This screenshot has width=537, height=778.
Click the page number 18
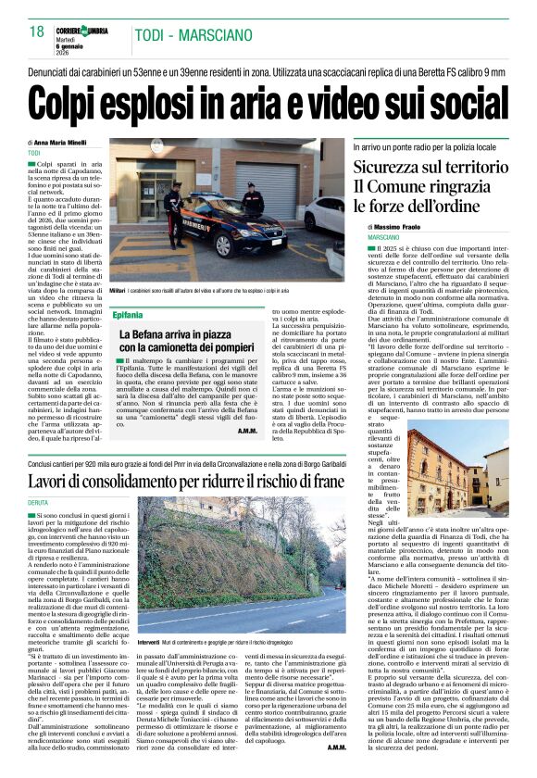click(x=37, y=32)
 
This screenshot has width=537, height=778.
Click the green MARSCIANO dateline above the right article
click(x=369, y=238)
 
